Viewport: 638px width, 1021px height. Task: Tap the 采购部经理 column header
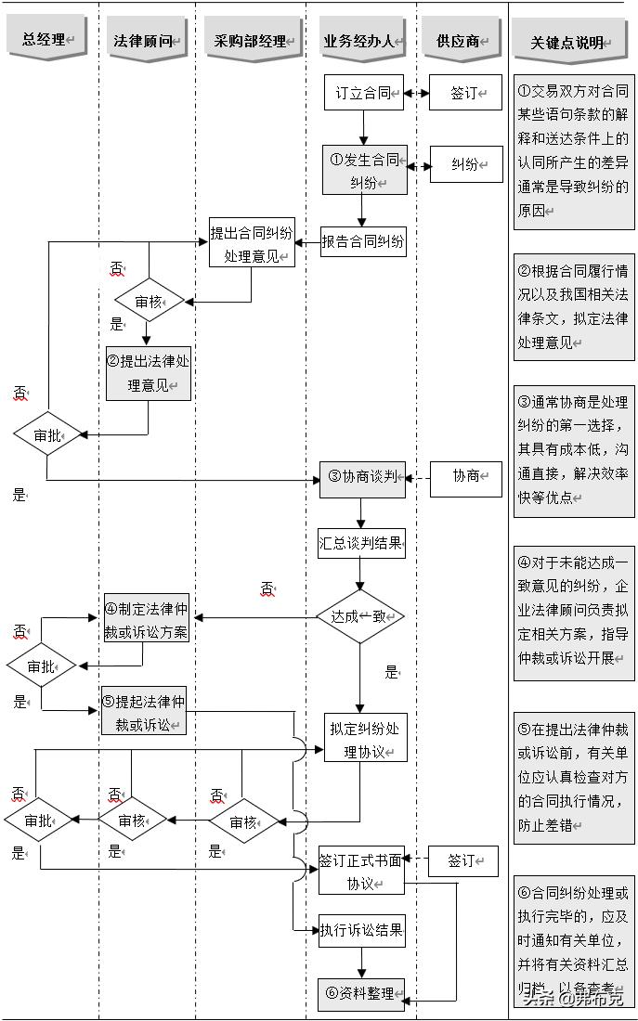click(250, 40)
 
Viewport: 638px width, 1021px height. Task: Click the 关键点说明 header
click(570, 42)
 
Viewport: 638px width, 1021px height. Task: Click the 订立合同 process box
click(364, 93)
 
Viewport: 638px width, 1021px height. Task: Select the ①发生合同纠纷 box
click(364, 170)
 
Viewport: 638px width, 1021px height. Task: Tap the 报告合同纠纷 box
click(363, 241)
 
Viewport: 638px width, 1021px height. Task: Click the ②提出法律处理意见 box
click(148, 373)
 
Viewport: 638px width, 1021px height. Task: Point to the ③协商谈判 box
click(363, 477)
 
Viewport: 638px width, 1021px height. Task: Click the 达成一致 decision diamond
click(360, 616)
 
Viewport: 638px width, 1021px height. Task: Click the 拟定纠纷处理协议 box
click(365, 739)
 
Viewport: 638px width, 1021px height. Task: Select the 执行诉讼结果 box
click(362, 929)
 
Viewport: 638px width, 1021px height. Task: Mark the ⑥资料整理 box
click(361, 993)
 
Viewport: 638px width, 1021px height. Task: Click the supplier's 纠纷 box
click(464, 164)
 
